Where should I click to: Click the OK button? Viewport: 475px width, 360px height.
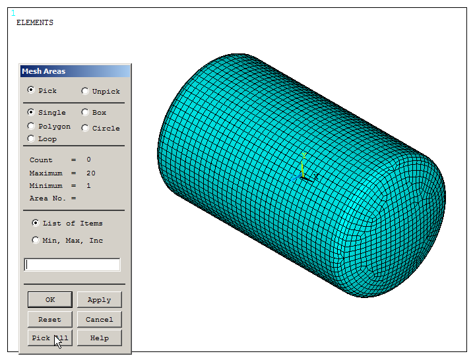click(49, 299)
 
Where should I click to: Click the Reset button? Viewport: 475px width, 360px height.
click(49, 319)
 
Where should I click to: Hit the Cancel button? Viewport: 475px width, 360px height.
click(99, 319)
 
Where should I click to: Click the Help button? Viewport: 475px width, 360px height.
click(99, 338)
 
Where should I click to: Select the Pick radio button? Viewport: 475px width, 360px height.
click(31, 90)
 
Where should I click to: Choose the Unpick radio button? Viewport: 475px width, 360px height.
click(85, 91)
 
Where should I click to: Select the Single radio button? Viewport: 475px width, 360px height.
click(31, 112)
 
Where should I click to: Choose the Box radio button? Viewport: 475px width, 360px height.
click(85, 112)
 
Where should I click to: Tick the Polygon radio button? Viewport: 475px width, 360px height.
click(31, 126)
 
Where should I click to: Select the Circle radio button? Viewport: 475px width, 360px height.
click(85, 128)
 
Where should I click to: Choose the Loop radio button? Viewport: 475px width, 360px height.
click(31, 138)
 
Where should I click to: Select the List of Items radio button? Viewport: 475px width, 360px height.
click(36, 223)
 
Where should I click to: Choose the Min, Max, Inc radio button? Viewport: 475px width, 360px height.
click(36, 240)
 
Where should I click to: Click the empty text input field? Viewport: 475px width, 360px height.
click(72, 264)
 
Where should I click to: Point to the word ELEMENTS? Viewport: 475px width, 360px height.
click(34, 22)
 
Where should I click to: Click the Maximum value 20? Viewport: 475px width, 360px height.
click(91, 173)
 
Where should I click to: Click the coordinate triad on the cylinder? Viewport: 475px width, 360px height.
click(303, 173)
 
